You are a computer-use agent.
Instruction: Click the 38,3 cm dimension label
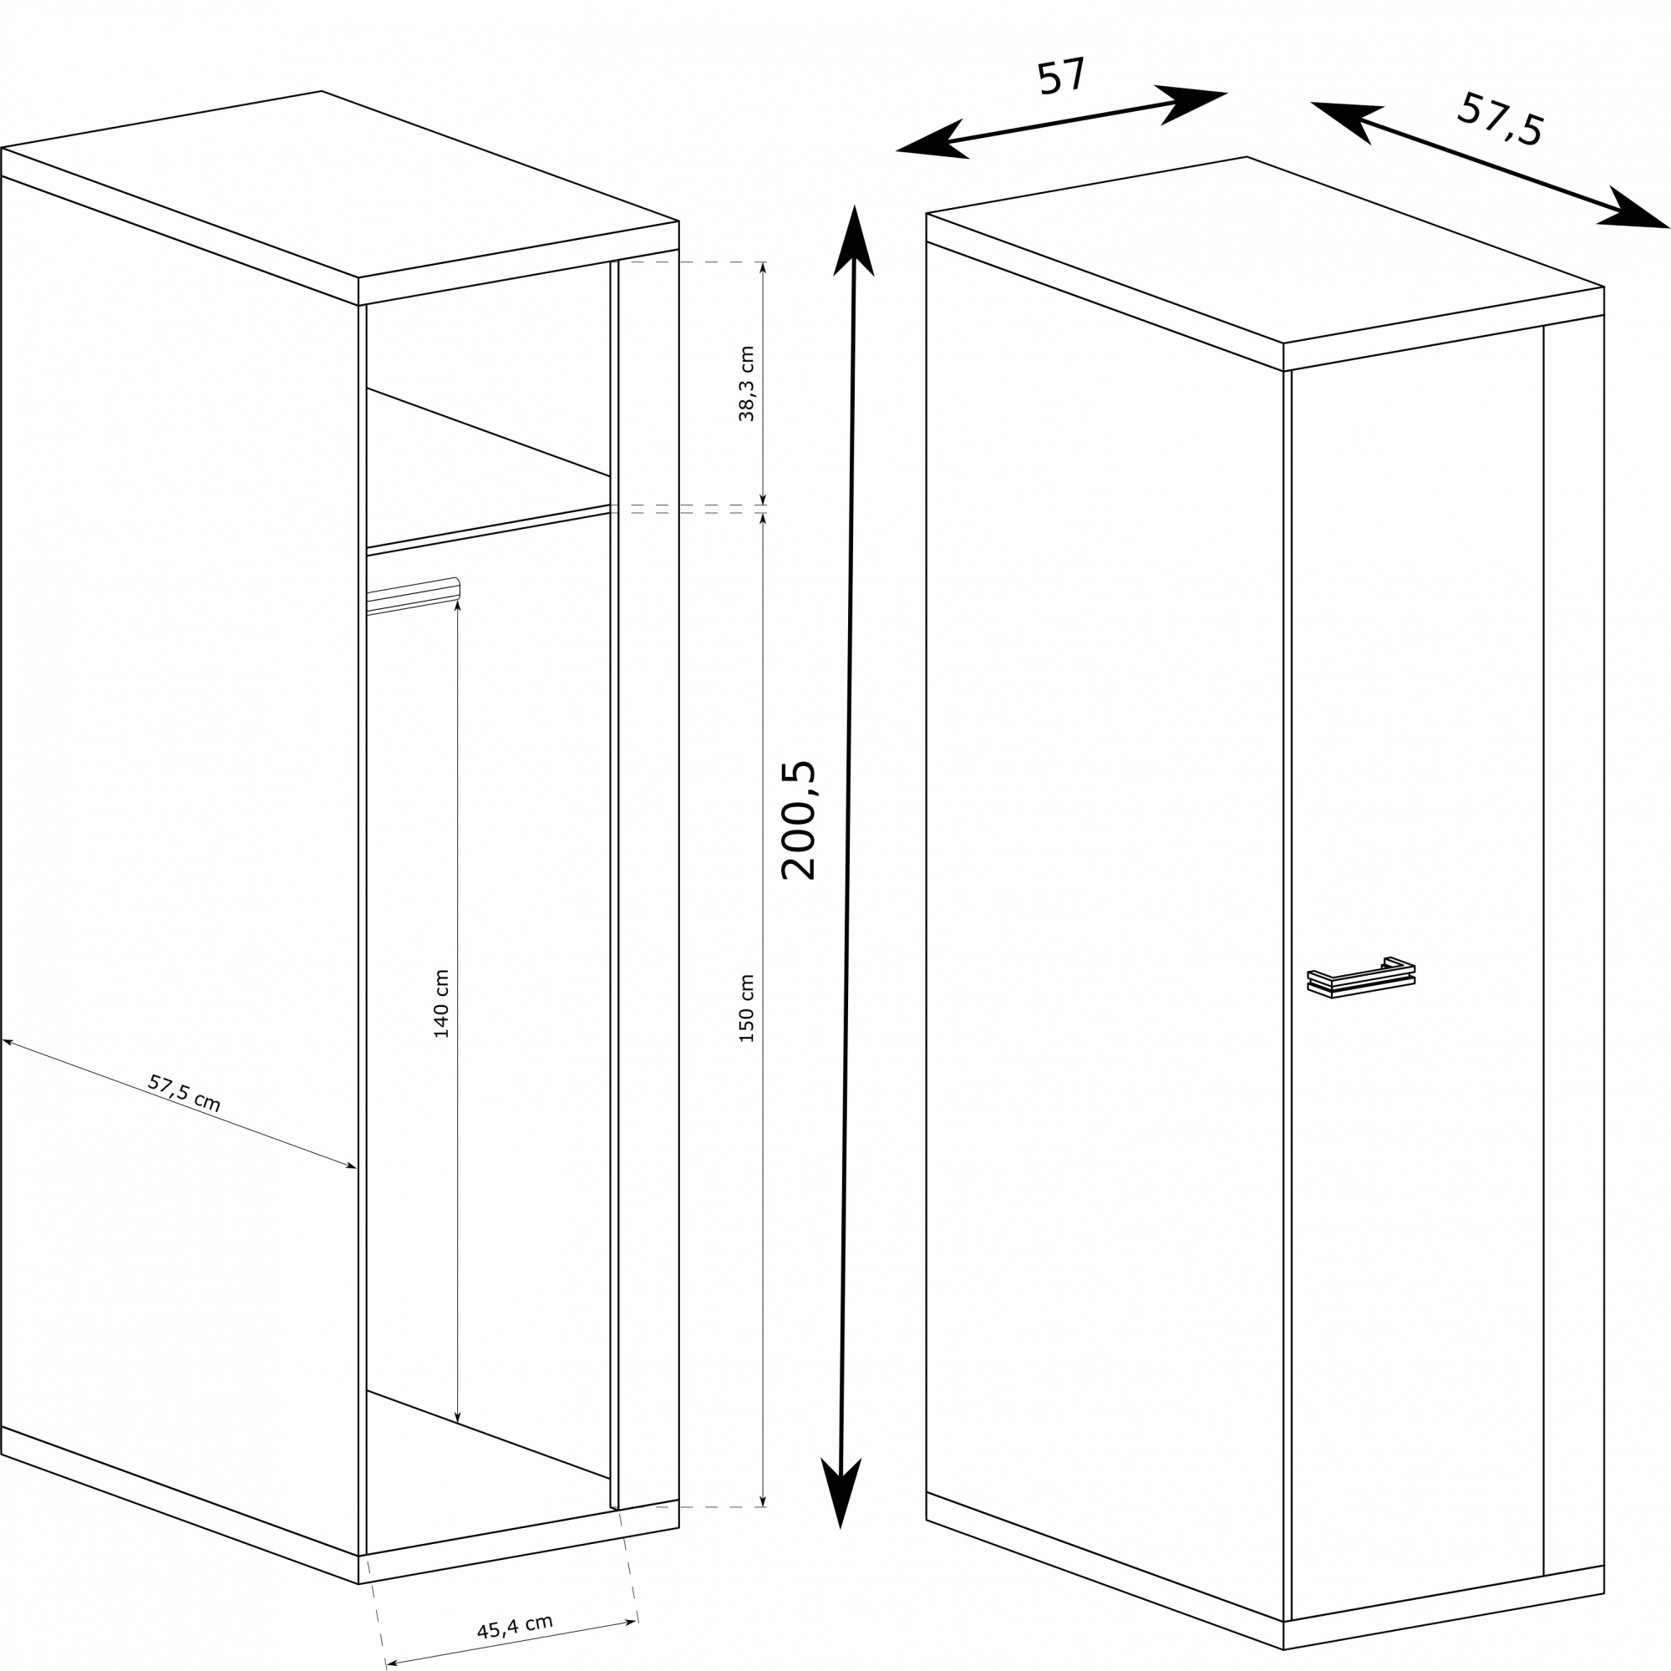click(746, 384)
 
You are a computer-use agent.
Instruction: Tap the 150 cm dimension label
click(746, 1008)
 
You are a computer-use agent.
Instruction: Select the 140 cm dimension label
click(441, 1003)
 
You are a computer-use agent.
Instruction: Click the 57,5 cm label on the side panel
click(184, 1093)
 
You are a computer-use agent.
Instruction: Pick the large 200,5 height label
click(798, 820)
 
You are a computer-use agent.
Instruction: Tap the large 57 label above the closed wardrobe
click(1060, 76)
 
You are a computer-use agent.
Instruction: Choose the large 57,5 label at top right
click(1500, 119)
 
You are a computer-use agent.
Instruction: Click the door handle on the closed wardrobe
click(1360, 978)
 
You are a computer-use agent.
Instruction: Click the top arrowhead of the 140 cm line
click(458, 606)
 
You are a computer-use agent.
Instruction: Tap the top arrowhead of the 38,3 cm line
click(763, 268)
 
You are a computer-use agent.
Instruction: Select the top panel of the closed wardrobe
click(1265, 249)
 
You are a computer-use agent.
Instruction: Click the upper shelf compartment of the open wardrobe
click(489, 407)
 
